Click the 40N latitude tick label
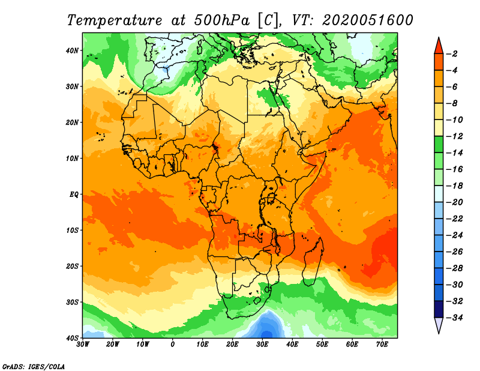(x=72, y=50)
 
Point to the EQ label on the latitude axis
(x=74, y=195)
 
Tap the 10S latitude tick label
(x=72, y=231)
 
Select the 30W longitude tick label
(x=83, y=345)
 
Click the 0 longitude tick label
(x=173, y=345)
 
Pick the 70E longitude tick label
(x=382, y=345)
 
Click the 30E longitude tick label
(x=262, y=345)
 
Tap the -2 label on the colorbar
(x=452, y=54)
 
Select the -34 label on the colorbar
(x=454, y=318)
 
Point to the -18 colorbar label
(x=454, y=185)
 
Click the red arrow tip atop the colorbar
(x=439, y=37)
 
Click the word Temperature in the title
(x=115, y=20)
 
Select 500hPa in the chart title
(x=222, y=20)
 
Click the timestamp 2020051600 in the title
(x=367, y=20)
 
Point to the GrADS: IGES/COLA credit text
(x=34, y=366)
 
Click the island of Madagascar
(x=313, y=261)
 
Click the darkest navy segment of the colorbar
(x=439, y=309)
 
